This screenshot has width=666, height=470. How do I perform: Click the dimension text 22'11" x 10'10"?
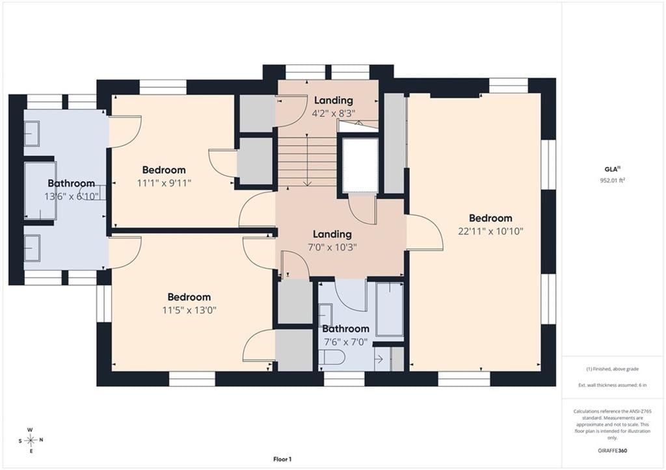[490, 231]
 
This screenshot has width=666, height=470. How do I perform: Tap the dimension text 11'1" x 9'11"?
[164, 183]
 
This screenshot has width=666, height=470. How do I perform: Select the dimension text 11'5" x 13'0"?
[189, 310]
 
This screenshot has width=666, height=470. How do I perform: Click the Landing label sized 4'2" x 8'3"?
[334, 100]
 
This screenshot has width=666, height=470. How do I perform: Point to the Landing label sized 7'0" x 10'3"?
[332, 234]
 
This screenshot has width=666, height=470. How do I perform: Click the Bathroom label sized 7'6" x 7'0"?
[345, 329]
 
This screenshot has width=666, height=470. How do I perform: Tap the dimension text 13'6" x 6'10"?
[72, 196]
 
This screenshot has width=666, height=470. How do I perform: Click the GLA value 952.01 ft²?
[613, 180]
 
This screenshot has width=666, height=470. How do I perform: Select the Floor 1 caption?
[282, 459]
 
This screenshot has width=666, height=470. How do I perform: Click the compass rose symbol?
[31, 440]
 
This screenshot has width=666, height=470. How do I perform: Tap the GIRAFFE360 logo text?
[612, 450]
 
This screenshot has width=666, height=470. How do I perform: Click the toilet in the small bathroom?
[333, 357]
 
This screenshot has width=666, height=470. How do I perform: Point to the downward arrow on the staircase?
[307, 160]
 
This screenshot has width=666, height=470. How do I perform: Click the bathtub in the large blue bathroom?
[40, 190]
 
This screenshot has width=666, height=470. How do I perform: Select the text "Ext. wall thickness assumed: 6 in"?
[613, 385]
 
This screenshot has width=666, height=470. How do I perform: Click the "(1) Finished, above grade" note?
[613, 369]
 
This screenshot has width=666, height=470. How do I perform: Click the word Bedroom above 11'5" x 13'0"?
[189, 297]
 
